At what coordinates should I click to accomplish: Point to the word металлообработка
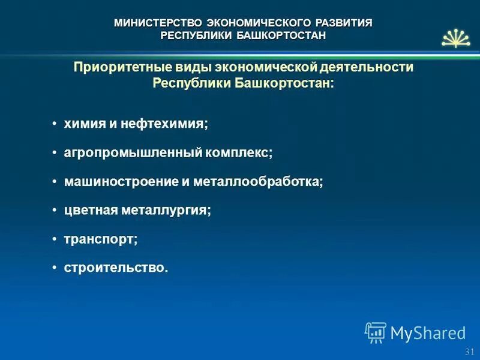pyautogui.click(x=257, y=182)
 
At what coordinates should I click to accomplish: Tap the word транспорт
pyautogui.click(x=100, y=239)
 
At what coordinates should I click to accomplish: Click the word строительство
pyautogui.click(x=116, y=268)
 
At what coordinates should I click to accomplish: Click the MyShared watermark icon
pyautogui.click(x=376, y=332)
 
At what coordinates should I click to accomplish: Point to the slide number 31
pyautogui.click(x=469, y=352)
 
